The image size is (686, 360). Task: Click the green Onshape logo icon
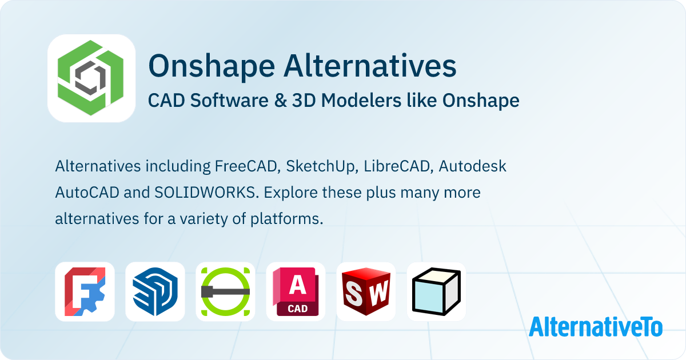(91, 78)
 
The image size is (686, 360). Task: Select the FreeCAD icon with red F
(85, 291)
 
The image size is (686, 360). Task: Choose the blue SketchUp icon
(155, 291)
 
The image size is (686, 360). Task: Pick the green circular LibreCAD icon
(225, 291)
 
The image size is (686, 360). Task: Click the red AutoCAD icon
(296, 291)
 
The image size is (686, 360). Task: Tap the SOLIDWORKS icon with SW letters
(366, 291)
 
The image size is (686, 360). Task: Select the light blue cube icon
(436, 291)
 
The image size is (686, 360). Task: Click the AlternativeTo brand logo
(595, 326)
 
